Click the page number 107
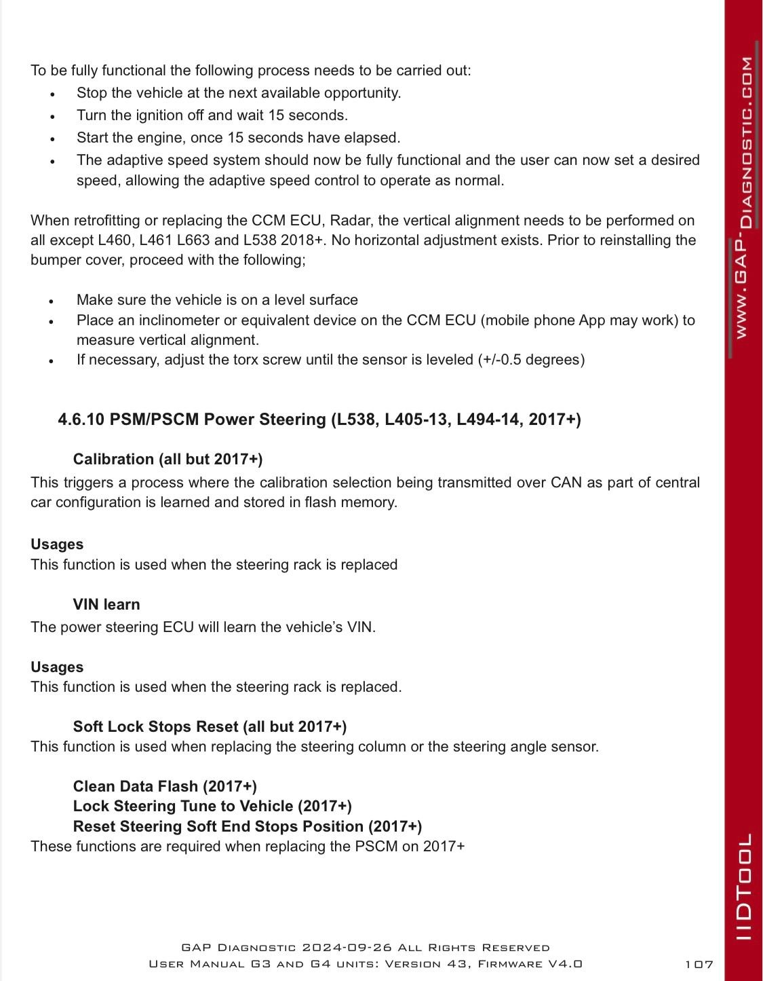tap(699, 964)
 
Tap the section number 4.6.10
tap(81, 420)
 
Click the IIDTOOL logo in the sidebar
tap(744, 887)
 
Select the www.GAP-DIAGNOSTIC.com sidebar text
tap(744, 197)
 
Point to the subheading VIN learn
tap(106, 604)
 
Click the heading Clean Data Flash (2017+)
tap(165, 786)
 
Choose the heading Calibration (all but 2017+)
tap(168, 459)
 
